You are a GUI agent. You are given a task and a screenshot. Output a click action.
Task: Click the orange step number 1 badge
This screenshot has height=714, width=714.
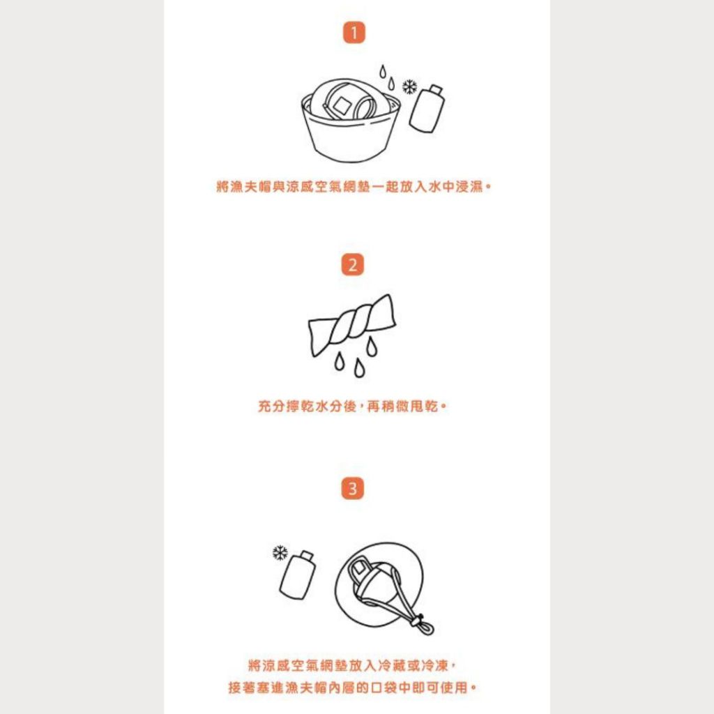point(354,33)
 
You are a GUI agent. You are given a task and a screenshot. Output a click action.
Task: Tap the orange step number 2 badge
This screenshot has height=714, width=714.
point(353,264)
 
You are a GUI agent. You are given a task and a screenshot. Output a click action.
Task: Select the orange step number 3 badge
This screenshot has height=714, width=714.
point(353,489)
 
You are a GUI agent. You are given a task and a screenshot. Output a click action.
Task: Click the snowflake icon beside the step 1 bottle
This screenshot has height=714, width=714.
point(410,86)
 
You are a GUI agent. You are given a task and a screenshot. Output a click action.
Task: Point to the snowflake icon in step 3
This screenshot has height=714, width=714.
point(280,553)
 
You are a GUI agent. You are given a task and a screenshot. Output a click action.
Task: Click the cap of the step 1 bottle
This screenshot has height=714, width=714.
point(436,89)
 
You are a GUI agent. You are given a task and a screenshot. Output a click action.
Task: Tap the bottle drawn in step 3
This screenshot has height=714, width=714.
point(298,575)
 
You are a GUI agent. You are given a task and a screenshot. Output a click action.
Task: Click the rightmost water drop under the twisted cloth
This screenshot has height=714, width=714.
point(372,346)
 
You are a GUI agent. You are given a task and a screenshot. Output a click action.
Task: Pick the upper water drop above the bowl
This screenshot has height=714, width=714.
point(383,72)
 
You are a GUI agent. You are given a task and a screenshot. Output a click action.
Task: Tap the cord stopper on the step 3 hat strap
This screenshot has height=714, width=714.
point(416,622)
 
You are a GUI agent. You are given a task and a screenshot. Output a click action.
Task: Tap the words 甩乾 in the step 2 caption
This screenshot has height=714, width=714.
point(425,406)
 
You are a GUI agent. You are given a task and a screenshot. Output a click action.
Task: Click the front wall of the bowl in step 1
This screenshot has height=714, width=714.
point(351,137)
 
